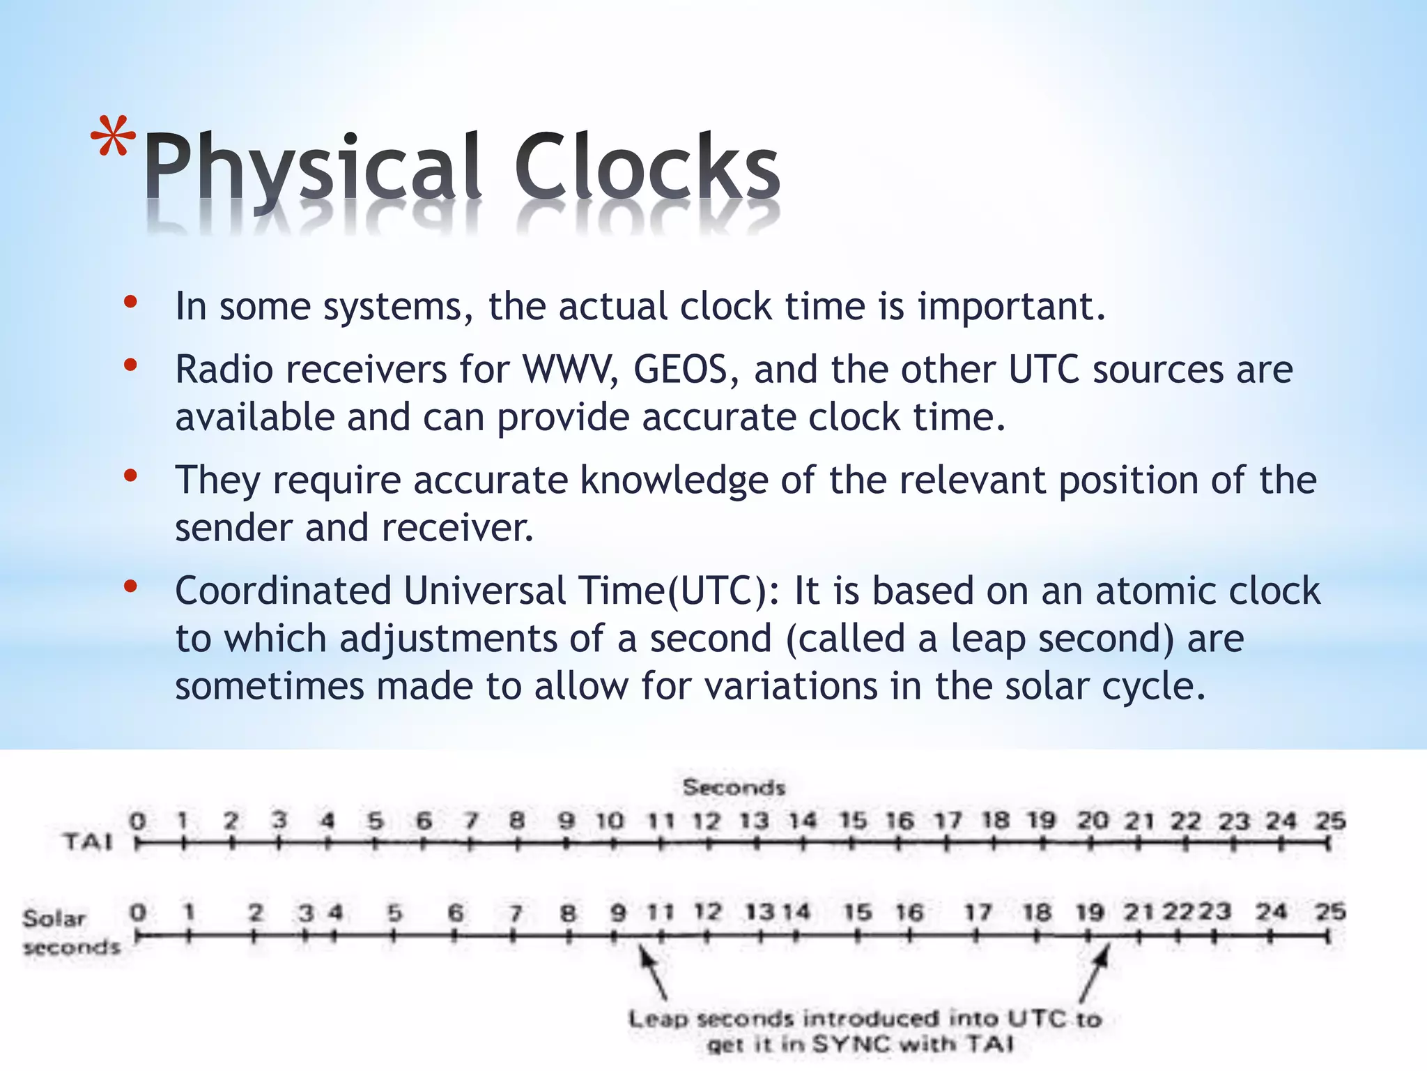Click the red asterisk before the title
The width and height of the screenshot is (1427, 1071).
[113, 137]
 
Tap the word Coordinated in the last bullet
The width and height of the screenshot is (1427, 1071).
[284, 591]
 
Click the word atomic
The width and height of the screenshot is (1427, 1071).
[1155, 591]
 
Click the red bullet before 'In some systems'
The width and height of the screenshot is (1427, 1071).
[130, 302]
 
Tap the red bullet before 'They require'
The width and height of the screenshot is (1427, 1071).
[130, 476]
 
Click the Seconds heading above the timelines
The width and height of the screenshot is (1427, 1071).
[734, 788]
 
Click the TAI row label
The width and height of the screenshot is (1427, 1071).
[88, 842]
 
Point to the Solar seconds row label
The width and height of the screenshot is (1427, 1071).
[70, 932]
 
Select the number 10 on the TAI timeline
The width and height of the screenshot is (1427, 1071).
[610, 821]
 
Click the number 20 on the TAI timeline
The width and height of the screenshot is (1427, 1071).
[1092, 821]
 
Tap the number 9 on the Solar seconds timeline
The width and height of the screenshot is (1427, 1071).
[618, 913]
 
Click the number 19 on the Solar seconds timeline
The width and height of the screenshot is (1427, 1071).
[1090, 913]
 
